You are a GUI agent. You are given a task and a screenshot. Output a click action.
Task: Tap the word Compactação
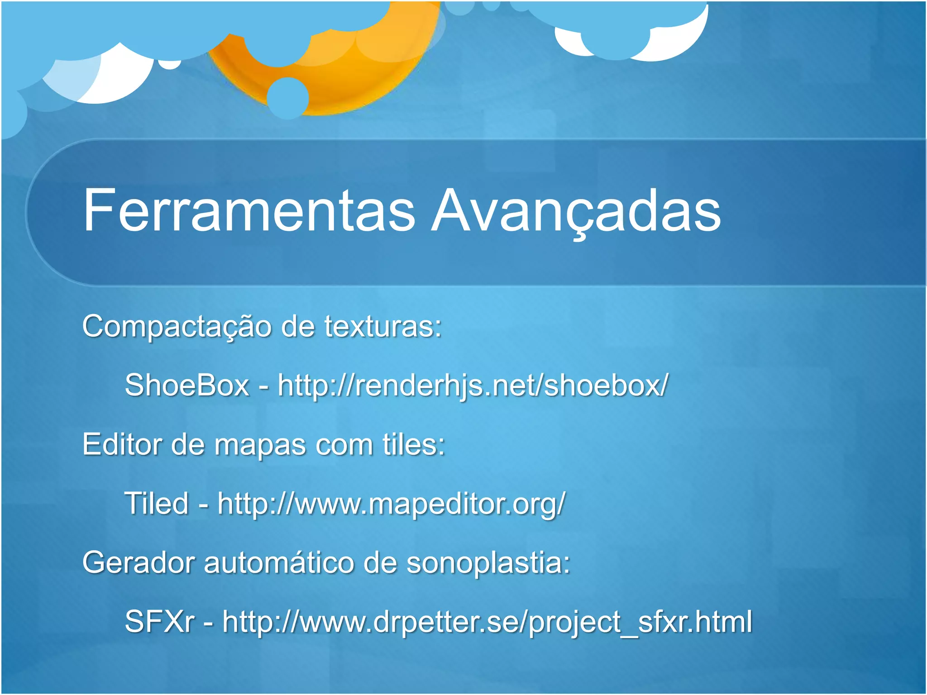[x=177, y=327]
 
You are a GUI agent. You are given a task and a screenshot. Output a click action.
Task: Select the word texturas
[x=382, y=327]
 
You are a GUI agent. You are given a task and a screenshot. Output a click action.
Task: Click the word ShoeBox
[x=187, y=386]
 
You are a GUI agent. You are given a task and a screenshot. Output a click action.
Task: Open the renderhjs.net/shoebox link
[x=473, y=386]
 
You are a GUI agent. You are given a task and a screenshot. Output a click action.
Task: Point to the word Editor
[x=122, y=444]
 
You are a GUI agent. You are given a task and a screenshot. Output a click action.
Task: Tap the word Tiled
[x=156, y=503]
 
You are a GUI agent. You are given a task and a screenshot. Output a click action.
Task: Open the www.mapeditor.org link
[x=391, y=504]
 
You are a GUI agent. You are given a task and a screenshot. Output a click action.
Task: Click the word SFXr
[x=159, y=622]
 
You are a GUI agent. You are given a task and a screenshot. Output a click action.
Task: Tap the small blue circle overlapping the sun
[x=287, y=98]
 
